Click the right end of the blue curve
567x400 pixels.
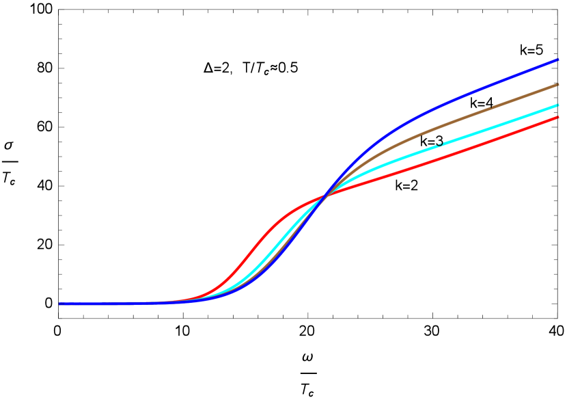pos(558,60)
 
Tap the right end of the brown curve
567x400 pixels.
pos(558,85)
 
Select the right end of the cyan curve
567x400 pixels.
pos(558,105)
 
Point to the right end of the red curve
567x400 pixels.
pos(558,118)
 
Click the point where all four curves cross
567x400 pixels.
pos(324,196)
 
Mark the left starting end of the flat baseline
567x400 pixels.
pos(60,303)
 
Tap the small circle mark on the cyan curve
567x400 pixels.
pos(440,144)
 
